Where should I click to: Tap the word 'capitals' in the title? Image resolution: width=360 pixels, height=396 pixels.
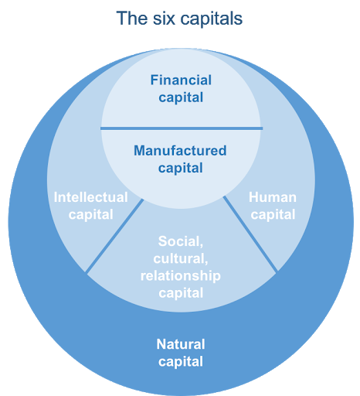211,19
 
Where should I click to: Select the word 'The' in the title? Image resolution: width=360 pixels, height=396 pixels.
132,19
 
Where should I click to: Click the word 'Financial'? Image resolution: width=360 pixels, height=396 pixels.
181,80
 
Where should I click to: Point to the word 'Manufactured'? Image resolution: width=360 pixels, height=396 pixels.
180,151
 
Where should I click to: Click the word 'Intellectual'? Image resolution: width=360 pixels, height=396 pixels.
90,197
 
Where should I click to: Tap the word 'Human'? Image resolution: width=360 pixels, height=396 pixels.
273,197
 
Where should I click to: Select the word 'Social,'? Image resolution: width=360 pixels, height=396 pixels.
181,241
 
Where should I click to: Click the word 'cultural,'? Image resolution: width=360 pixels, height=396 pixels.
181,258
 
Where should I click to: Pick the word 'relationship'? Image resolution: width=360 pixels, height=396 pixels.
181,276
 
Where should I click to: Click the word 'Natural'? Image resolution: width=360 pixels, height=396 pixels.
181,344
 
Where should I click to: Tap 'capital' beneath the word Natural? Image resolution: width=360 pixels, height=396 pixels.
181,361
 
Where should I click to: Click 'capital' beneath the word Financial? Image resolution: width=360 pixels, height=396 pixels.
181,97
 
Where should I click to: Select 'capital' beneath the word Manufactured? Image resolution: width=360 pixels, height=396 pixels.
180,168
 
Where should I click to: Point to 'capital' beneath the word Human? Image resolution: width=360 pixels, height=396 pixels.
273,214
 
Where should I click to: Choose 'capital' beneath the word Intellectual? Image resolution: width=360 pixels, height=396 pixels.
90,214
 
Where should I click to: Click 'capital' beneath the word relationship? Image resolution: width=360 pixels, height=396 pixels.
181,293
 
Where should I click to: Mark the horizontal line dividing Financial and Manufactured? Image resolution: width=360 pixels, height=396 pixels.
182,128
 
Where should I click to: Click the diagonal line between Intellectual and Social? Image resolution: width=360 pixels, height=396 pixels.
114,236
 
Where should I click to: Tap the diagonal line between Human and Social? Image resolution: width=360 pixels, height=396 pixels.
250,234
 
